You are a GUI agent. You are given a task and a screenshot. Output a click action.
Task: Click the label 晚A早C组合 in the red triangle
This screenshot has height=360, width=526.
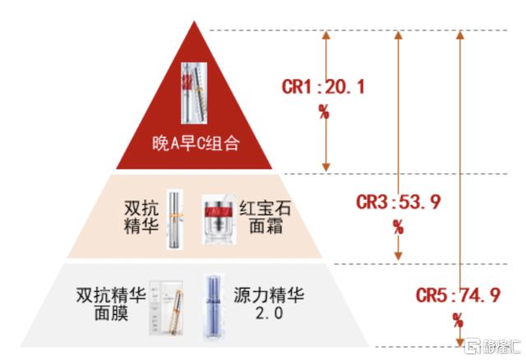tap(196, 144)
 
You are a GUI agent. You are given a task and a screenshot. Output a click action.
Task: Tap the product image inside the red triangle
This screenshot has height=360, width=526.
tap(194, 93)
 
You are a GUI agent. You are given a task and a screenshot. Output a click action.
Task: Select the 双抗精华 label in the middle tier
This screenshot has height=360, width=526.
tap(141, 217)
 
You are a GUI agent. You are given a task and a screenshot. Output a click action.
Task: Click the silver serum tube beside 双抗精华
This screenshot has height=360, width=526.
tap(175, 219)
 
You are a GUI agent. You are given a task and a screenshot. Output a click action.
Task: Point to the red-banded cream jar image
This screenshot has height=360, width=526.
tap(219, 219)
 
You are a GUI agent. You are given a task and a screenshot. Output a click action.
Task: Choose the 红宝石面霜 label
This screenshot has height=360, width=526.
tap(265, 217)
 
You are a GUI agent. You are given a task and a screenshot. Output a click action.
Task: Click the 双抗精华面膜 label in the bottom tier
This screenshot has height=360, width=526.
tap(111, 304)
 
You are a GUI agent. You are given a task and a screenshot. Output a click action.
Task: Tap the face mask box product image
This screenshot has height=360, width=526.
tap(166, 308)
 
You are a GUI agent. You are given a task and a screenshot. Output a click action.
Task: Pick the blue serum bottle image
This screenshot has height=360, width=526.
tap(213, 307)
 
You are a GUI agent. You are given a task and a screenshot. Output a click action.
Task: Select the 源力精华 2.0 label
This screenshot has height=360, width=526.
tap(269, 303)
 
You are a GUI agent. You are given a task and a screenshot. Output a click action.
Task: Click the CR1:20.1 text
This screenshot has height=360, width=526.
tap(323, 87)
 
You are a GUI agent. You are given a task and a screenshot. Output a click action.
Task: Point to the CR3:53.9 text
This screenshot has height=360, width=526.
tap(398, 202)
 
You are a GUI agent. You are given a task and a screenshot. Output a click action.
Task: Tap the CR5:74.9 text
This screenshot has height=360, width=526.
tap(458, 296)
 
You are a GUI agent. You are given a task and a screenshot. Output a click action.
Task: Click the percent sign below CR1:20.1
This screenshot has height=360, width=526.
tap(324, 112)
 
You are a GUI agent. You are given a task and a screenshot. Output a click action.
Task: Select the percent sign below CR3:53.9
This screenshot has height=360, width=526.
tap(398, 227)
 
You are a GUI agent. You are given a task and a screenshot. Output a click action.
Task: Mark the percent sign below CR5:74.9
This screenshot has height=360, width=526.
tap(458, 321)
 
